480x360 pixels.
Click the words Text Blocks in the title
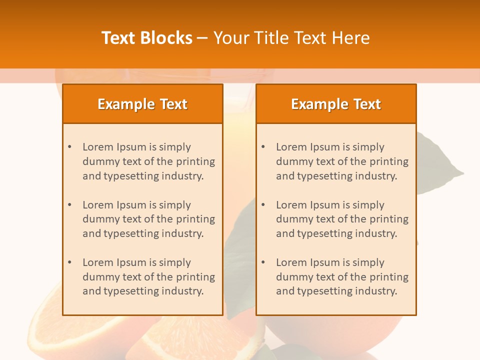[x=147, y=38]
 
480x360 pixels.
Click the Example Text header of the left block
[x=142, y=104]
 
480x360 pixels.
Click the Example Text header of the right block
[x=336, y=104]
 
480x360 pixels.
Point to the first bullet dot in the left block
[x=69, y=147]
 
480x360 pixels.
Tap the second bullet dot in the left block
[x=69, y=205]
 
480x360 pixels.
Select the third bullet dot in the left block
[x=69, y=262]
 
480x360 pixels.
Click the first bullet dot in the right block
[x=263, y=147]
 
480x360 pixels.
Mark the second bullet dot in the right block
[x=263, y=205]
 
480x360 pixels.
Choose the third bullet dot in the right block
[x=263, y=262]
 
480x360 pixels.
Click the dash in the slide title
[x=202, y=38]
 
